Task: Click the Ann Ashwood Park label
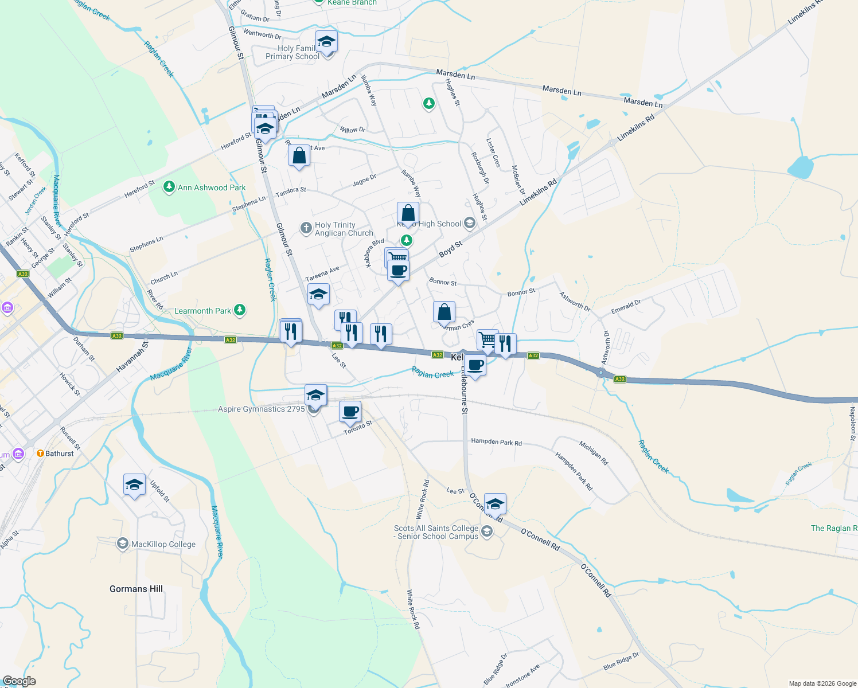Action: coord(212,187)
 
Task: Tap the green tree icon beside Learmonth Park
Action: coord(240,310)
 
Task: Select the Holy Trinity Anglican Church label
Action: coord(344,229)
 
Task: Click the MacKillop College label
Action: coord(163,544)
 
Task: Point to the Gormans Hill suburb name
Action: coord(136,589)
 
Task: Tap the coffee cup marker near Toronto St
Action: coord(350,411)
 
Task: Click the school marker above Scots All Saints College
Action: coord(495,504)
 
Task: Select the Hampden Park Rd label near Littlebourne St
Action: coord(496,442)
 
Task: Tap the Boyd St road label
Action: coord(451,249)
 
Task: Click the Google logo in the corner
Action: coord(19,681)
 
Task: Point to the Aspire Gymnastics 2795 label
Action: coord(262,409)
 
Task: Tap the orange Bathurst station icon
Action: coord(40,453)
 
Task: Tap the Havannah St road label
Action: coord(132,357)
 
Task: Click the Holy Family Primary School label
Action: coord(292,52)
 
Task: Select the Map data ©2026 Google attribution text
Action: coord(822,683)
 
